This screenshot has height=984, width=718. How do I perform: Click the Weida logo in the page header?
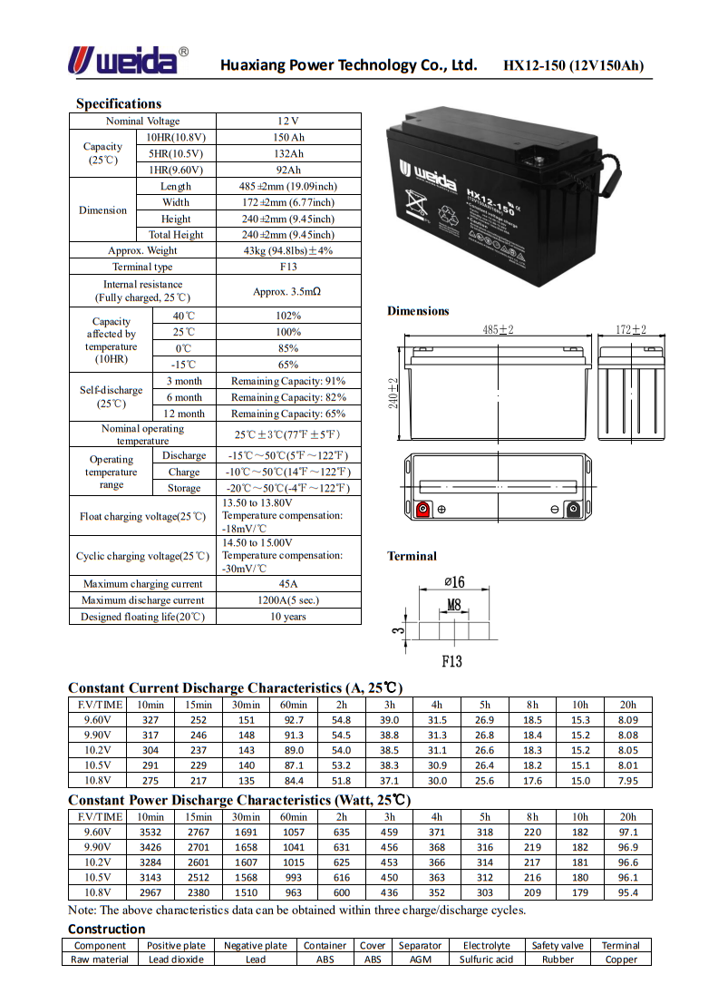(128, 61)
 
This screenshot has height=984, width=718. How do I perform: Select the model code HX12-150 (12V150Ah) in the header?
(573, 65)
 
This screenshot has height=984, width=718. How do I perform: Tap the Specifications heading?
(119, 103)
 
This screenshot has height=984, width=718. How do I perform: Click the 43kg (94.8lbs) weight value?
(288, 250)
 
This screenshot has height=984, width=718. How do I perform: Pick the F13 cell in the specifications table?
(288, 267)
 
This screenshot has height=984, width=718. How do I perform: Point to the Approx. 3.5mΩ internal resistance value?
(288, 291)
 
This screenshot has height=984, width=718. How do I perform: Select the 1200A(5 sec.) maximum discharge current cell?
(288, 600)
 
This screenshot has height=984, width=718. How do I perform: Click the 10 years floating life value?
(288, 617)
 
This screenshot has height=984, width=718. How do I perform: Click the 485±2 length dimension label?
(498, 330)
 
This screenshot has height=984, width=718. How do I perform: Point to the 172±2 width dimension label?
(631, 330)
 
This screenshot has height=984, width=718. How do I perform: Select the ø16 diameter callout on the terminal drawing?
(453, 582)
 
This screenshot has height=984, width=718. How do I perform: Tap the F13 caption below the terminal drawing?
(451, 661)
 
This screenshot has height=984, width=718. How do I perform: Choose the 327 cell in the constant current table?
(150, 720)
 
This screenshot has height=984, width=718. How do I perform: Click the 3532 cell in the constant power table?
(150, 832)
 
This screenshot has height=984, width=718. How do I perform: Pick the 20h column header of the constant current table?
(627, 705)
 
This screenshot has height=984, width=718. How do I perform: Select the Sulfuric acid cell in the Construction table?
(486, 960)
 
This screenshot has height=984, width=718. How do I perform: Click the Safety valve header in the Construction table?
(558, 945)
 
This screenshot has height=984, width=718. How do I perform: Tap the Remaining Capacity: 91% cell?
(288, 381)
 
